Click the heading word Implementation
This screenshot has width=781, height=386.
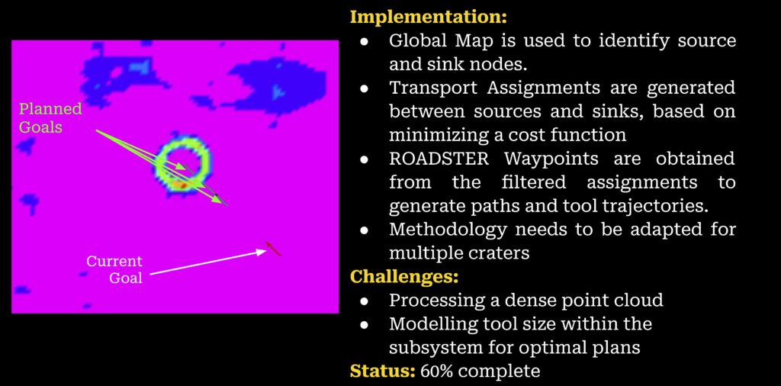tap(429, 17)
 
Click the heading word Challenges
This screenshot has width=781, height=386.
tap(404, 275)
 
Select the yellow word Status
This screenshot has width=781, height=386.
tap(383, 371)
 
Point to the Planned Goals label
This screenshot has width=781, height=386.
tap(50, 118)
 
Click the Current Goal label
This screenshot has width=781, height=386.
tap(114, 269)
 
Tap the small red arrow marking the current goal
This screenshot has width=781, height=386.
tap(273, 249)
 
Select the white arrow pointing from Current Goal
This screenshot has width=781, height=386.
tap(208, 262)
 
